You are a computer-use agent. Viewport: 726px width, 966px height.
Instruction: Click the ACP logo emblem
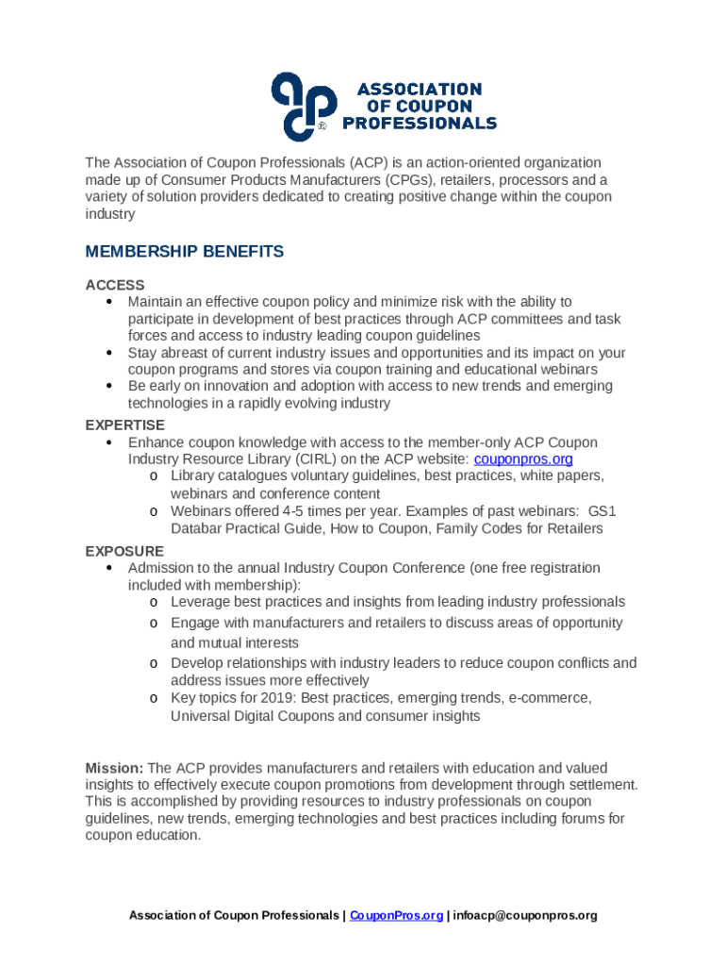(303, 104)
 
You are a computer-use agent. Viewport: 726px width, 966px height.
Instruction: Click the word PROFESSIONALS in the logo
(419, 123)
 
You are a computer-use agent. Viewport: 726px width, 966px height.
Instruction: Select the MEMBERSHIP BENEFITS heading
(184, 252)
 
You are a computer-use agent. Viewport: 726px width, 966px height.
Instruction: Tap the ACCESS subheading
(115, 285)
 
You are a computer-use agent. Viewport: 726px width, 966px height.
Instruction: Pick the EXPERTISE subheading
(125, 425)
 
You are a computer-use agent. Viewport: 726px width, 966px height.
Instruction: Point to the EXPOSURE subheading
(124, 551)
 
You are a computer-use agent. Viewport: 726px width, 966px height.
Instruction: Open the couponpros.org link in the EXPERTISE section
(523, 459)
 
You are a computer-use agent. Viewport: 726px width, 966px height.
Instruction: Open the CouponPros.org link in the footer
(396, 915)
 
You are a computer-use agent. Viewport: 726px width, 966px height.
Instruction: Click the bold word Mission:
(114, 768)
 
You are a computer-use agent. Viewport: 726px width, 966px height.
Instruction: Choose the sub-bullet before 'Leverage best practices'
(153, 603)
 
